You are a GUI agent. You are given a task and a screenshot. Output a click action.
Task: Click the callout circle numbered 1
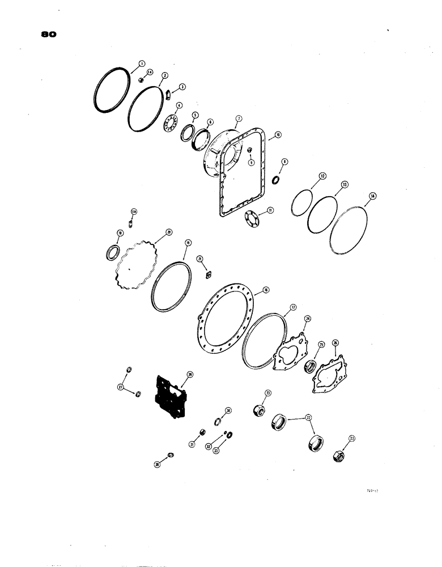142,64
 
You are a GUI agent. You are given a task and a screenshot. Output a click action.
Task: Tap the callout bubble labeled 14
372,196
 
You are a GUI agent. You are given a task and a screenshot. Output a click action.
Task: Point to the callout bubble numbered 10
278,136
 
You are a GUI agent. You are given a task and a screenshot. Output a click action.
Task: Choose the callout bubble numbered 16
265,290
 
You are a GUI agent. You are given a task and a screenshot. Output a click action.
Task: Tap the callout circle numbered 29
190,375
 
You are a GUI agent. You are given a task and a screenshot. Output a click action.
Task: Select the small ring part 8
275,180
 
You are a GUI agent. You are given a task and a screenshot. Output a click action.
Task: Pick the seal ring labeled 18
113,252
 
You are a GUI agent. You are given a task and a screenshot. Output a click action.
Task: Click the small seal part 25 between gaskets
311,366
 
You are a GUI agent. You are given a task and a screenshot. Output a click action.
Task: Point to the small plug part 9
249,150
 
